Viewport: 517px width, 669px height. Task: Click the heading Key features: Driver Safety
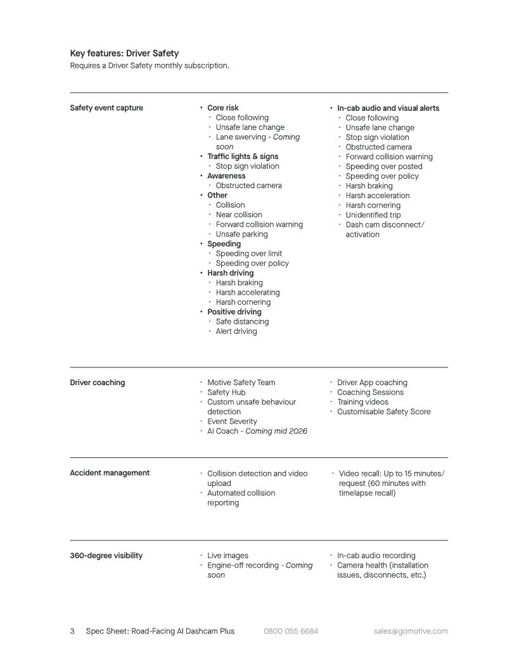click(x=124, y=53)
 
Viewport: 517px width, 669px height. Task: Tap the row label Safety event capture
click(x=106, y=108)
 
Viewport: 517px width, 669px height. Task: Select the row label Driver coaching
click(x=98, y=383)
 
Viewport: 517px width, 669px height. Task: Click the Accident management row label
click(x=110, y=473)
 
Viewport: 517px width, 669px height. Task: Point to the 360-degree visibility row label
click(x=106, y=556)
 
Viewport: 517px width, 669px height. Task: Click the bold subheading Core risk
click(x=223, y=108)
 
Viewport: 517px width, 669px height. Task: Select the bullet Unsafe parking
click(x=241, y=234)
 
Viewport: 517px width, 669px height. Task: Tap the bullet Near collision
click(x=239, y=215)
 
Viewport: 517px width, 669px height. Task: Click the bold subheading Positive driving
click(x=234, y=312)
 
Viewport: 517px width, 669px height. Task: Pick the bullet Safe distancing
click(x=242, y=322)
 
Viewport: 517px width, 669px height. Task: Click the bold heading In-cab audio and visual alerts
click(x=388, y=108)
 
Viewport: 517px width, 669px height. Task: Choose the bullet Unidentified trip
click(x=373, y=215)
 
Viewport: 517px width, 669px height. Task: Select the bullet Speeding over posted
click(x=384, y=167)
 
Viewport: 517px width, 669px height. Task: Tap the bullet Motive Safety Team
click(x=241, y=383)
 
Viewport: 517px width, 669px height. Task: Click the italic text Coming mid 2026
click(x=276, y=431)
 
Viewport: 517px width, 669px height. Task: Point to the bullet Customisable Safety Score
click(x=384, y=412)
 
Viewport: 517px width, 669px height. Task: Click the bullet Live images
click(x=228, y=556)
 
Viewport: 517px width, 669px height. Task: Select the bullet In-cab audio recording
click(x=376, y=556)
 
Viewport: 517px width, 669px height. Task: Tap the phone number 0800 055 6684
click(x=291, y=631)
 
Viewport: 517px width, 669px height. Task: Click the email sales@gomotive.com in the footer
click(x=411, y=631)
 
